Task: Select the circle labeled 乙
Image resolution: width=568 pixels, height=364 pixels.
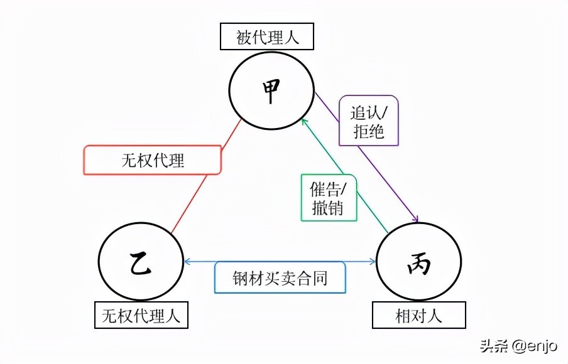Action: [141, 264]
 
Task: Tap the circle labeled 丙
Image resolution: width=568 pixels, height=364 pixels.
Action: [418, 264]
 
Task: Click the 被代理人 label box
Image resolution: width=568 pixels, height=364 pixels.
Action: [267, 38]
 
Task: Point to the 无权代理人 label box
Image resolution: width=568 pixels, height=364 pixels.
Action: [141, 316]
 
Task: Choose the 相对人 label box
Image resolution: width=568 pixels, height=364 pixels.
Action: [419, 316]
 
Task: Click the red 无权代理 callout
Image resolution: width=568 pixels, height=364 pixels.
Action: [153, 160]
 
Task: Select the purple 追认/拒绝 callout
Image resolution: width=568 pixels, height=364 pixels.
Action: [368, 120]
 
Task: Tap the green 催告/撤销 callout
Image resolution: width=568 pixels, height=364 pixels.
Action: [329, 197]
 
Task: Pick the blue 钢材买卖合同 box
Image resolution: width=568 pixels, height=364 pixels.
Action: [280, 276]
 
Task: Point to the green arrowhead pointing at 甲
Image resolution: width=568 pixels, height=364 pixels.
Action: [303, 119]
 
